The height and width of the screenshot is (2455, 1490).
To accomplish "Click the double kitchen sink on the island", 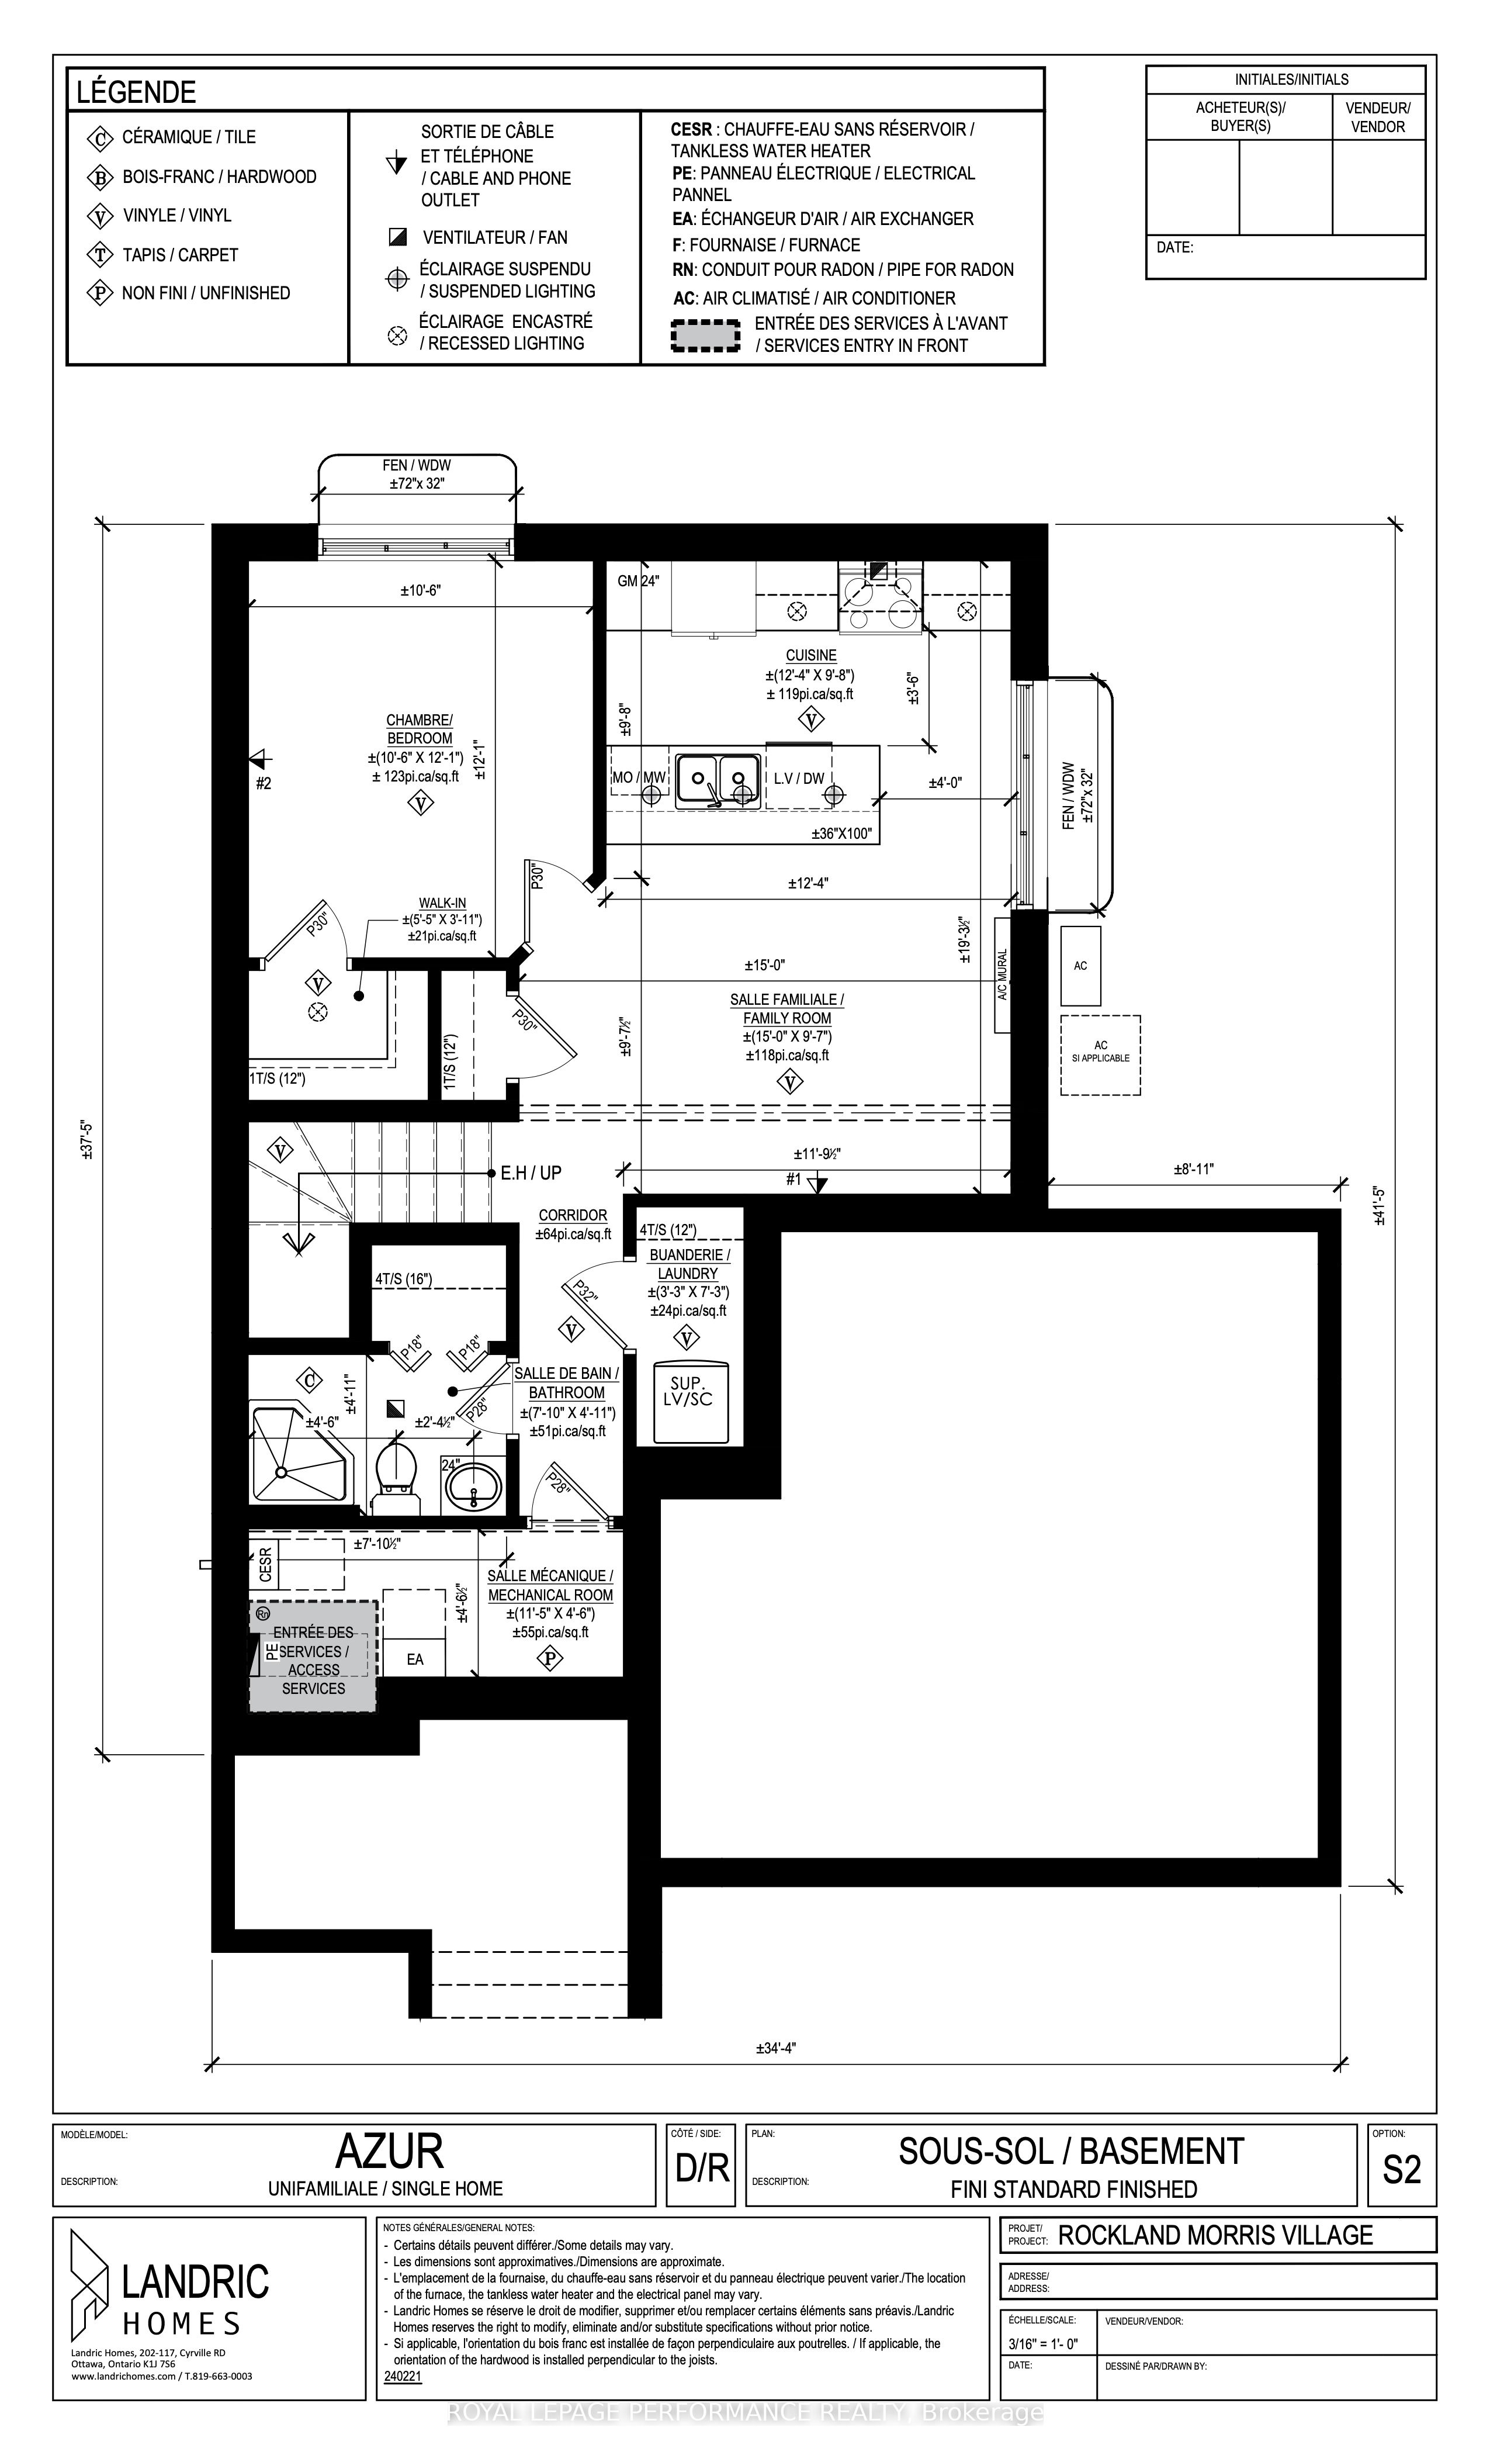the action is click(x=718, y=780).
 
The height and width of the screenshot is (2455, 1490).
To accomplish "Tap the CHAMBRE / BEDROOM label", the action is click(x=420, y=729).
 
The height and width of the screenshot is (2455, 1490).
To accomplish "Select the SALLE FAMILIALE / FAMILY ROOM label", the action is click(x=787, y=1008).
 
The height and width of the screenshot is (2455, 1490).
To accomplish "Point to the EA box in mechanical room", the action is click(x=414, y=1658).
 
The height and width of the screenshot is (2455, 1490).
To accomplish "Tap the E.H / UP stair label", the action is click(x=531, y=1173).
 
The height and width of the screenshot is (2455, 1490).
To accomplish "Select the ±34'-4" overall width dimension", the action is click(x=776, y=2049).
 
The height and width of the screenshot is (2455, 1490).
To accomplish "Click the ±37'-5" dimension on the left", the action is click(x=88, y=1137).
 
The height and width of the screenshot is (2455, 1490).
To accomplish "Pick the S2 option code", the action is click(x=1401, y=2169).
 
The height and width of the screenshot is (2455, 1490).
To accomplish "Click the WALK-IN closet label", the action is click(x=442, y=903).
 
